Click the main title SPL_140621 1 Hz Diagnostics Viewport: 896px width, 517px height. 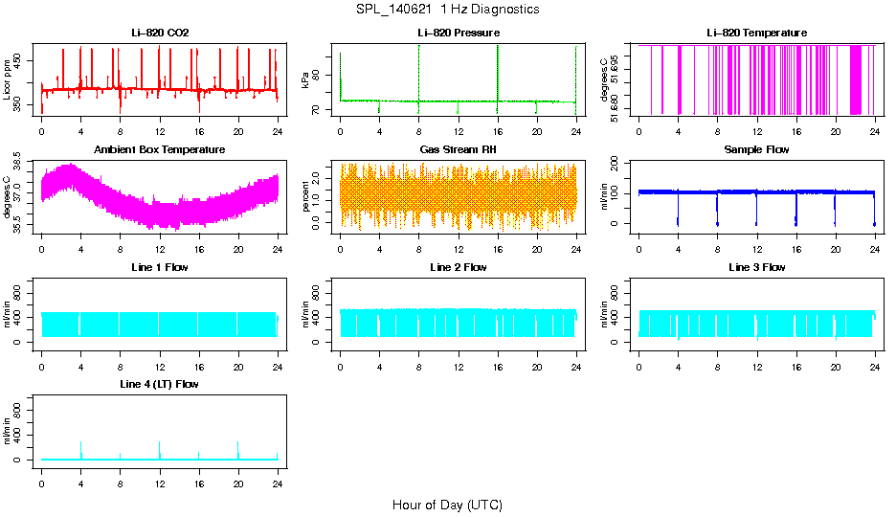(x=446, y=10)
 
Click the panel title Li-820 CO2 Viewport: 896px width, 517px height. (x=160, y=33)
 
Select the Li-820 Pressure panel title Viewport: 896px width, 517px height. (x=458, y=33)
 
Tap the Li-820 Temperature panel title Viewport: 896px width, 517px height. (x=756, y=33)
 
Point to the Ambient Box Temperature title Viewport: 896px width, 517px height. (x=160, y=149)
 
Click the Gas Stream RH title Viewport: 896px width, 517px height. (x=458, y=149)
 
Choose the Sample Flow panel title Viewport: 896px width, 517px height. (x=756, y=149)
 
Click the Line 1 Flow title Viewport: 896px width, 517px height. (x=160, y=267)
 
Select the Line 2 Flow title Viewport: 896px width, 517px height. (x=458, y=267)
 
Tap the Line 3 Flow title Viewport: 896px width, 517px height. (x=756, y=267)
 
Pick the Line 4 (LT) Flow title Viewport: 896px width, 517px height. (x=160, y=384)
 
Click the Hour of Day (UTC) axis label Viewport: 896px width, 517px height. (x=447, y=505)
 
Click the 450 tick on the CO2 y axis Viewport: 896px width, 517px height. (x=22, y=60)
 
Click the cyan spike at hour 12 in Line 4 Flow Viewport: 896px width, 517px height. (x=160, y=450)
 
